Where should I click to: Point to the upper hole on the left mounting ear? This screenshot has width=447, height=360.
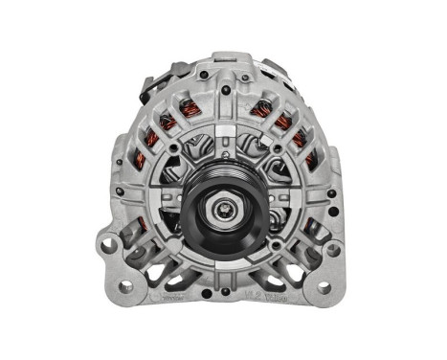pos(108,245)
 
